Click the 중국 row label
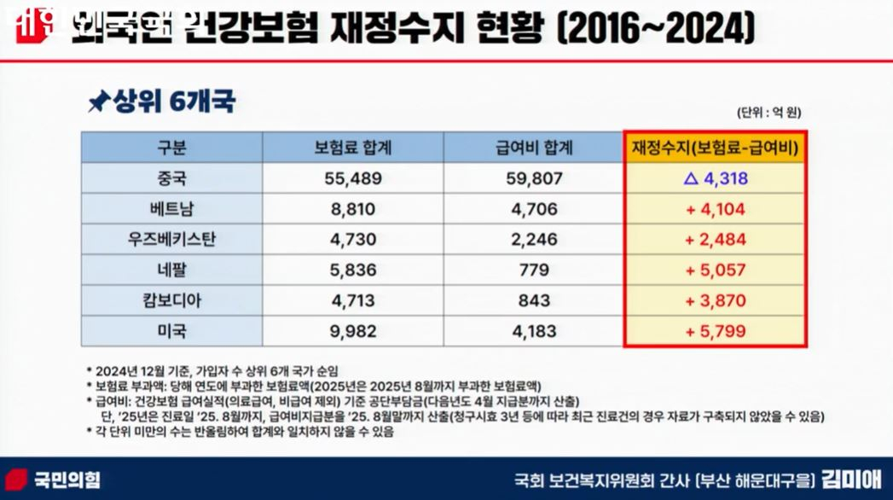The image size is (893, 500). click(171, 179)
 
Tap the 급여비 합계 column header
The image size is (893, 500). click(534, 148)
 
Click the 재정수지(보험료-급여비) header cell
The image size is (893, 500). click(715, 148)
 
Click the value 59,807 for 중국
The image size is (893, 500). click(534, 179)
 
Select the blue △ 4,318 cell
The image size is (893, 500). click(715, 179)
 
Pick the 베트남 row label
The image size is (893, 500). click(171, 209)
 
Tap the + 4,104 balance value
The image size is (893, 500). click(715, 209)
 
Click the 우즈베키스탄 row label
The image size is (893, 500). click(171, 240)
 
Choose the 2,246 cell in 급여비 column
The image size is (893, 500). click(534, 240)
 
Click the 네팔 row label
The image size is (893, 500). click(171, 270)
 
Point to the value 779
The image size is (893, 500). click(534, 270)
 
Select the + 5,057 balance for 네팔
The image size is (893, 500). click(715, 270)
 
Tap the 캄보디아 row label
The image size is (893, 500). click(171, 300)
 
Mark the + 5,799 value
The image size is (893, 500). click(715, 331)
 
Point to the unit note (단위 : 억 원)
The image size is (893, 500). click(768, 113)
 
